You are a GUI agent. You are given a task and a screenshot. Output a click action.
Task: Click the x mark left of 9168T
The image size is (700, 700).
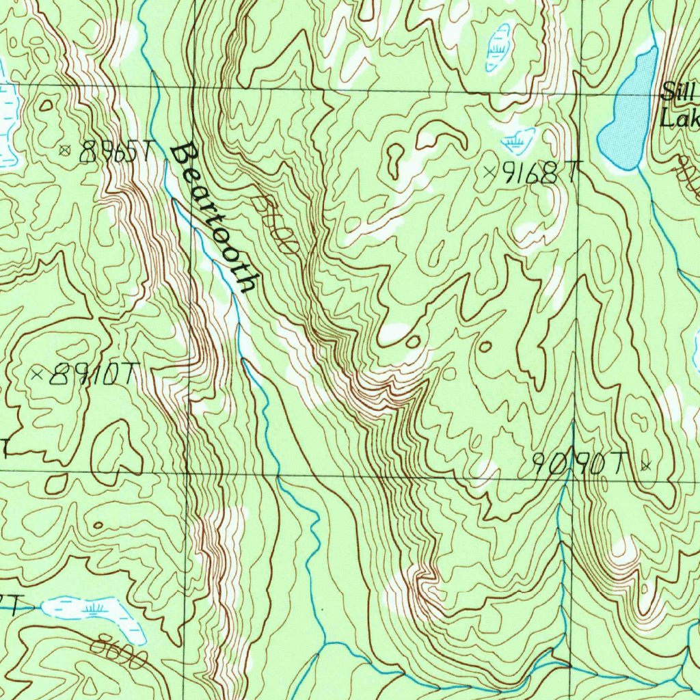(x=489, y=172)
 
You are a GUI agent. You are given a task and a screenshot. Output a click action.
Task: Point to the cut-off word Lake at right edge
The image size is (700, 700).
(x=679, y=120)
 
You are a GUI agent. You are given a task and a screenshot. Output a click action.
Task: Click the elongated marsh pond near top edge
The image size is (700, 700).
(x=498, y=47)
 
